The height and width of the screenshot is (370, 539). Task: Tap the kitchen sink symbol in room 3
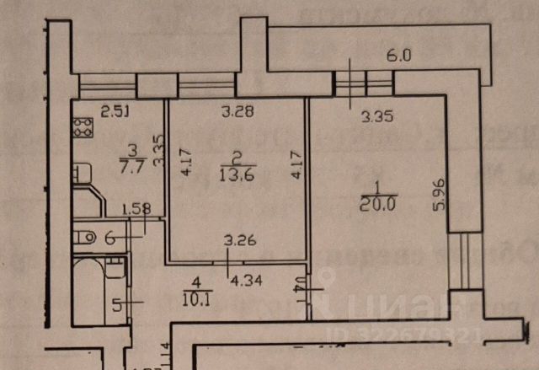(x=80, y=174)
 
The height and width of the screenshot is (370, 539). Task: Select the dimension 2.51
(x=114, y=110)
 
